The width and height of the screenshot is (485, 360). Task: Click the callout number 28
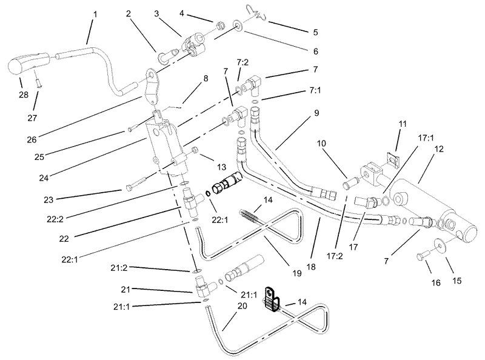24,95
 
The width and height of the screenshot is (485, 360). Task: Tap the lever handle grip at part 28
28,63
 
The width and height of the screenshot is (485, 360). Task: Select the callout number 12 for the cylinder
439,148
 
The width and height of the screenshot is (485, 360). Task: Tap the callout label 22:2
55,219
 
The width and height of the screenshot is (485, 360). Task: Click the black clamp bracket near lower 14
271,298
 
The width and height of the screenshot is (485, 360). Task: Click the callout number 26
32,140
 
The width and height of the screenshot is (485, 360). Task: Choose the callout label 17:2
335,256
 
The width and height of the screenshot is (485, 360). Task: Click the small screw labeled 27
39,82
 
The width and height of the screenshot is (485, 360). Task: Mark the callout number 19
296,273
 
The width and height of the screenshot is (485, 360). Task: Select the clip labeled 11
392,160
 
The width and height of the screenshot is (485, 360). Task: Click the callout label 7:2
243,63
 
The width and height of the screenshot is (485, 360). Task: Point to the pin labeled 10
351,182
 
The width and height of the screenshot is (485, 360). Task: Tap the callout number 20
242,305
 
